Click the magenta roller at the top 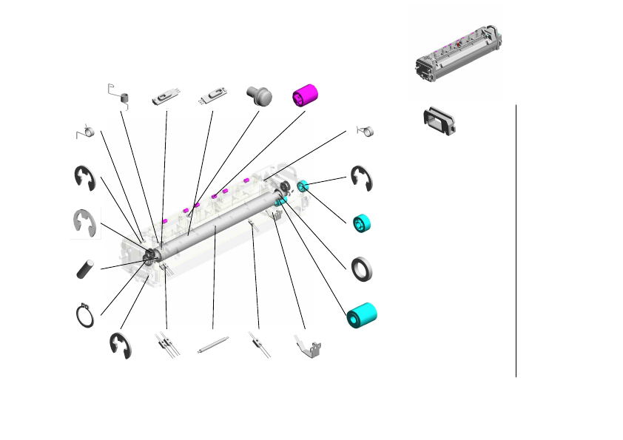[304, 95]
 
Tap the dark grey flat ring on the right [361, 269]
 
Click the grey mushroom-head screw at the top [259, 95]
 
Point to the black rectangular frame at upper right [440, 120]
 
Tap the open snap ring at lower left [86, 314]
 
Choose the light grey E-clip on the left [85, 223]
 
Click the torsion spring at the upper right [366, 130]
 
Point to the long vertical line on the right [516, 240]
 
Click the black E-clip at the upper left [84, 178]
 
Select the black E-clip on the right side [361, 178]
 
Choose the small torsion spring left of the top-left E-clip [86, 132]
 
